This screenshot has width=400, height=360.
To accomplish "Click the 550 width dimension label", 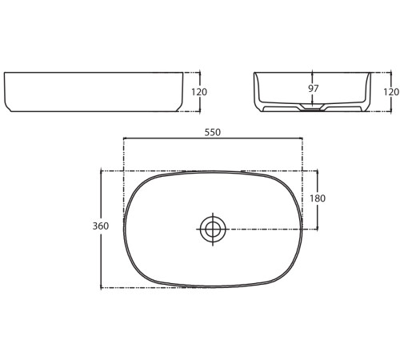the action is point(213,132).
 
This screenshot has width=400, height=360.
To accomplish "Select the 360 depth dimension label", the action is point(101,226).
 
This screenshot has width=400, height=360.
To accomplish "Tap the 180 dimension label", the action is point(318,198).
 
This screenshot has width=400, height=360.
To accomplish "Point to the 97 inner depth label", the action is point(314,89).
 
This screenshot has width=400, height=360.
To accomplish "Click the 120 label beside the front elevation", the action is point(199,92).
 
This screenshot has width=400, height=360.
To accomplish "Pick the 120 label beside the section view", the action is point(391,92).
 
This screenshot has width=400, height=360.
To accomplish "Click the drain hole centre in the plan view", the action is point(213,230).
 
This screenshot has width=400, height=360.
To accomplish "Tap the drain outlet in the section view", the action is point(312,108).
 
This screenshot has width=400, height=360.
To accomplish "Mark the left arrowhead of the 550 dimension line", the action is point(124,138).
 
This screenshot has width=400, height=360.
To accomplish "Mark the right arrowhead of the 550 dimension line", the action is point(302,138).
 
